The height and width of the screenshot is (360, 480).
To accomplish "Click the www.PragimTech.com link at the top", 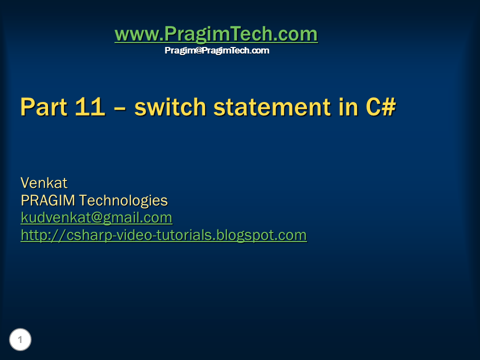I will click(216, 34).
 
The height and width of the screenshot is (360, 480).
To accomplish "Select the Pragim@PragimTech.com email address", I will click(216, 50).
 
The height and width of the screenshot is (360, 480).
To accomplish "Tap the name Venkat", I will click(43, 183).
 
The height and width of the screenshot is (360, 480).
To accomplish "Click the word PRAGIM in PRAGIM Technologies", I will click(48, 200).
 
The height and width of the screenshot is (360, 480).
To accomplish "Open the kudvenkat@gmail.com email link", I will click(96, 218).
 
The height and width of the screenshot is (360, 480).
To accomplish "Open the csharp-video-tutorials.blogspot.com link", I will click(163, 235).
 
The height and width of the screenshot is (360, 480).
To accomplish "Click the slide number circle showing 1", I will click(20, 340).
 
